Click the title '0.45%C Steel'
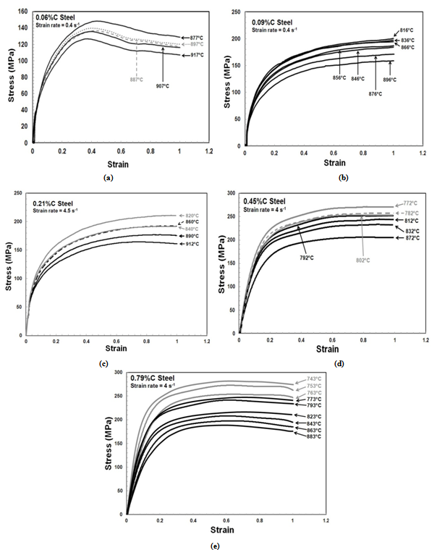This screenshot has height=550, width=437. (268, 200)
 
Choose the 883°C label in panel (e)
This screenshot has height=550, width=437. (313, 436)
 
